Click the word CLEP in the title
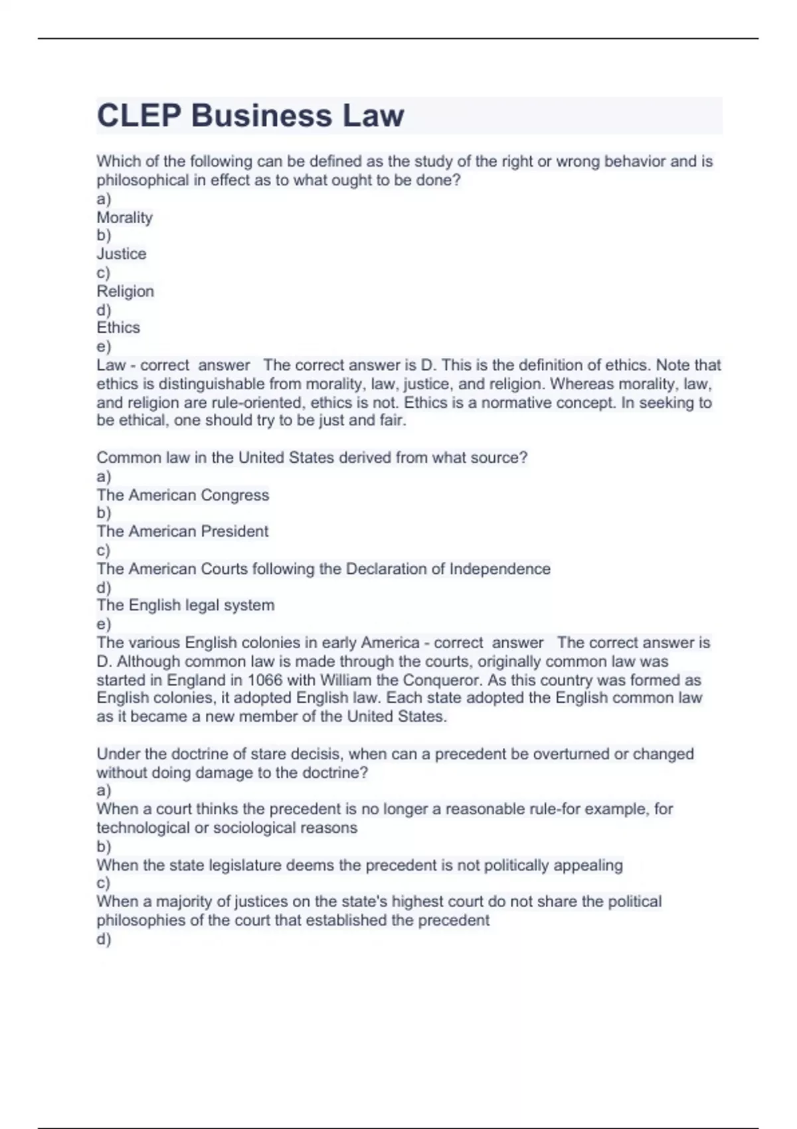(x=139, y=116)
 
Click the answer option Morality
(x=125, y=217)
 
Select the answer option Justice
(x=122, y=254)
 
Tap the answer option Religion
(x=126, y=291)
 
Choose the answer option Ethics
(x=118, y=327)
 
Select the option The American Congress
(x=183, y=495)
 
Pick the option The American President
(x=183, y=531)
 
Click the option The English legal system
(x=185, y=605)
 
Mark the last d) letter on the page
(x=104, y=938)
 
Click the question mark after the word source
(x=524, y=458)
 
